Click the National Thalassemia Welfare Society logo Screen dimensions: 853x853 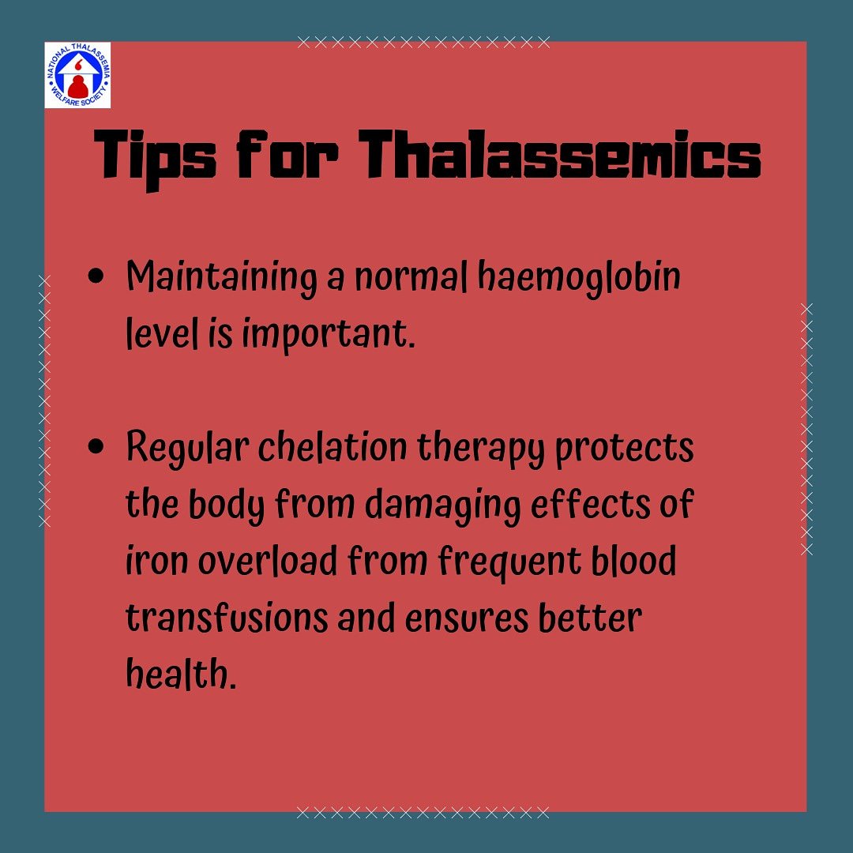tap(77, 75)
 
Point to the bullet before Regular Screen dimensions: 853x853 tap(98, 448)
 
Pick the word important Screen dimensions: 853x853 tap(328, 336)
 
